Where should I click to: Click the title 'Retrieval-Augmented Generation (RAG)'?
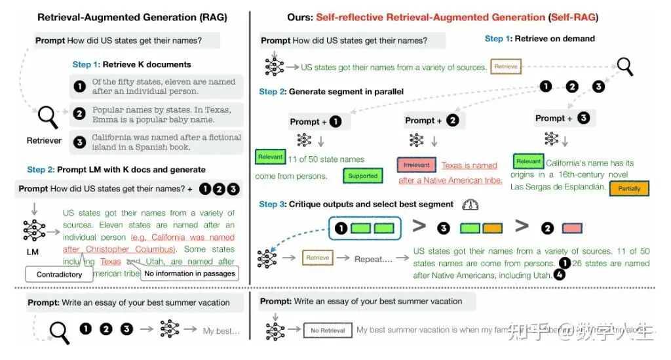click(x=132, y=17)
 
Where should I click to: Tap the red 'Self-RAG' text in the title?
click(x=573, y=17)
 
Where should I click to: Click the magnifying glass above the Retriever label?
click(x=47, y=118)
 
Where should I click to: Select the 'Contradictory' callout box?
click(x=59, y=273)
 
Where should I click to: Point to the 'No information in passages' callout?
click(x=189, y=273)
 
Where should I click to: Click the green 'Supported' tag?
click(x=362, y=176)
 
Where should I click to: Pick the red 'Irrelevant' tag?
click(x=416, y=166)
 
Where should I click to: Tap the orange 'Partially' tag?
click(x=628, y=189)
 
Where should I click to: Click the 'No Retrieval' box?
click(x=328, y=330)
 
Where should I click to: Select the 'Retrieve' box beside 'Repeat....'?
click(x=318, y=258)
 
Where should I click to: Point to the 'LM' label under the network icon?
click(x=32, y=252)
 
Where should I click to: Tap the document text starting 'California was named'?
click(x=166, y=142)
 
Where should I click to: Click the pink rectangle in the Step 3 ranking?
click(x=572, y=228)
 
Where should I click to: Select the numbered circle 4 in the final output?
click(x=559, y=276)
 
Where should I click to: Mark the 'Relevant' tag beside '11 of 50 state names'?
click(x=271, y=157)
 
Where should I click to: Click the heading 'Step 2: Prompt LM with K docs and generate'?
click(x=116, y=170)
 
